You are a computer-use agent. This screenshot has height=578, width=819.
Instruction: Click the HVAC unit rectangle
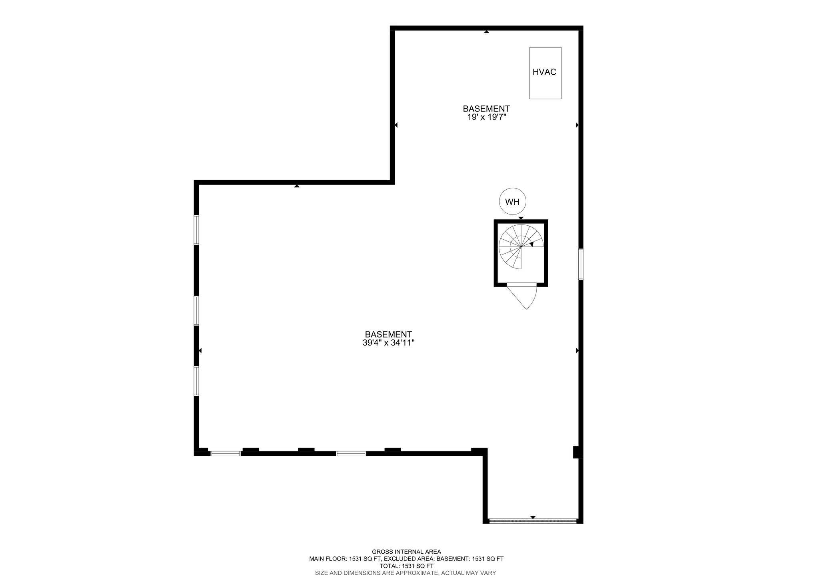pyautogui.click(x=545, y=73)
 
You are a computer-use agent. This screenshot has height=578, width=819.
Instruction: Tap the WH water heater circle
pyautogui.click(x=512, y=201)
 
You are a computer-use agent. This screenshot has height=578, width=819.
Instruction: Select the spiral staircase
pyautogui.click(x=521, y=247)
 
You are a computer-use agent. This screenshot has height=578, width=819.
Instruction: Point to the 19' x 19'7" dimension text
pyautogui.click(x=486, y=117)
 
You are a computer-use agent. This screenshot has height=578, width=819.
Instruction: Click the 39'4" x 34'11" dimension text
pyautogui.click(x=388, y=343)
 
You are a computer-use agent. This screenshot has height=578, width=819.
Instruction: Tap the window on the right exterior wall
pyautogui.click(x=581, y=264)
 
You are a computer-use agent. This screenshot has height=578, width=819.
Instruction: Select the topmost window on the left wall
pyautogui.click(x=196, y=230)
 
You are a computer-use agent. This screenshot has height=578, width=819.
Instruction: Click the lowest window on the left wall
pyautogui.click(x=196, y=381)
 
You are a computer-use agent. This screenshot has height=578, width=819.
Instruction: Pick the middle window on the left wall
pyautogui.click(x=196, y=311)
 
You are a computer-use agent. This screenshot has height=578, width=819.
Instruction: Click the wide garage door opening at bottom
pyautogui.click(x=533, y=521)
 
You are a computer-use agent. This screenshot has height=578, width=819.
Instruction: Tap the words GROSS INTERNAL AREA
pyautogui.click(x=406, y=552)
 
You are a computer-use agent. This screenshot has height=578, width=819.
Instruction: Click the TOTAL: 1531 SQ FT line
pyautogui.click(x=406, y=566)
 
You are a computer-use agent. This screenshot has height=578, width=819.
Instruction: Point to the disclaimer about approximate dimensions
pyautogui.click(x=406, y=573)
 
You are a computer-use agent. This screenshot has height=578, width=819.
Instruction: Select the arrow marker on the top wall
pyautogui.click(x=486, y=32)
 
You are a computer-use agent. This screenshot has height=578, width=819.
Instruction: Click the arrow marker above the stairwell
pyautogui.click(x=521, y=218)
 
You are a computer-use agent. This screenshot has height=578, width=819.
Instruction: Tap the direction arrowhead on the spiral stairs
pyautogui.click(x=531, y=244)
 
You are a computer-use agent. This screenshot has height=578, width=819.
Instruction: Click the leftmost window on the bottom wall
pyautogui.click(x=226, y=453)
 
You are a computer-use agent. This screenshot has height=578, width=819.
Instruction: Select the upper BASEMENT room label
pyautogui.click(x=486, y=109)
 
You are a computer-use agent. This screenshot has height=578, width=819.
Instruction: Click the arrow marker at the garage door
pyautogui.click(x=533, y=517)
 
